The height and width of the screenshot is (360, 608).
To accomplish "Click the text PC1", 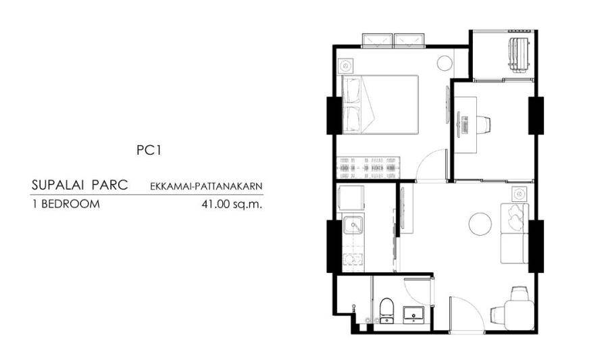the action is coord(149,151).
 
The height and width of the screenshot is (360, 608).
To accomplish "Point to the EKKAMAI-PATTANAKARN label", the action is coord(206,186).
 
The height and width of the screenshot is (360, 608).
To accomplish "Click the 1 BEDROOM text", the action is coord(66,204).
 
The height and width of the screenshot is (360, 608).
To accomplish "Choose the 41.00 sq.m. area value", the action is coord(232,204).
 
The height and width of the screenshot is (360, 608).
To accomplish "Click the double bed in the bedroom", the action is coord(380,105).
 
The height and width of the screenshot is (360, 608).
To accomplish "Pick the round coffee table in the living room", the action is coord(480,224).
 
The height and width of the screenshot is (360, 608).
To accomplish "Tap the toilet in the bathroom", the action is coord(386,311).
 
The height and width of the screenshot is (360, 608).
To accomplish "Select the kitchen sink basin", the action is coord(353,226).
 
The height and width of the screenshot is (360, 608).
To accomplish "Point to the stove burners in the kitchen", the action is coord(353,259).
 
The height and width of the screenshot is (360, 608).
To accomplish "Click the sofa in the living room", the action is coord(515,233).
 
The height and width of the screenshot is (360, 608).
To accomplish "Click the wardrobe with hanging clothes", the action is coord(368,168).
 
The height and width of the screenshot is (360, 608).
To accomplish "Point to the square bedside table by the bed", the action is coord(345,66).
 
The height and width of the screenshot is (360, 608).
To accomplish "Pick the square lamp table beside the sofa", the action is coord(520,194).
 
